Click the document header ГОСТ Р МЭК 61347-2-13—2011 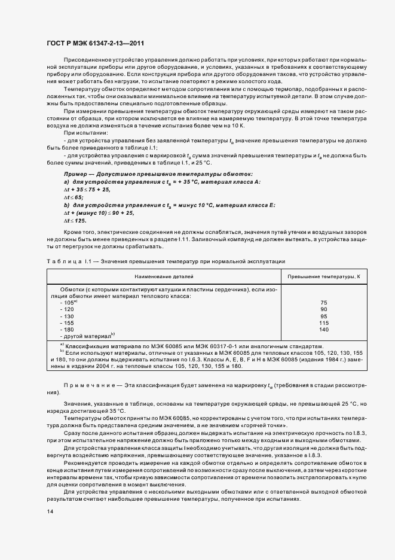pyautogui.click(x=95, y=44)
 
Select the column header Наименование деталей pyautogui.click(x=163, y=277)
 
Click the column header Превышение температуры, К pyautogui.click(x=323, y=277)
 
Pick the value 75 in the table pyautogui.click(x=324, y=303)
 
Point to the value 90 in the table pyautogui.click(x=324, y=309)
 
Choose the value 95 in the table pyautogui.click(x=324, y=316)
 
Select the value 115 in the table pyautogui.click(x=324, y=322)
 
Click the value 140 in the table pyautogui.click(x=324, y=329)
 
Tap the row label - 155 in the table pyautogui.click(x=66, y=322)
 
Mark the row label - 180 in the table pyautogui.click(x=66, y=329)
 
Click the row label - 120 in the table pyautogui.click(x=66, y=309)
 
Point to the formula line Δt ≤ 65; pyautogui.click(x=74, y=196)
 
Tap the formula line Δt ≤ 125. pyautogui.click(x=75, y=220)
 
